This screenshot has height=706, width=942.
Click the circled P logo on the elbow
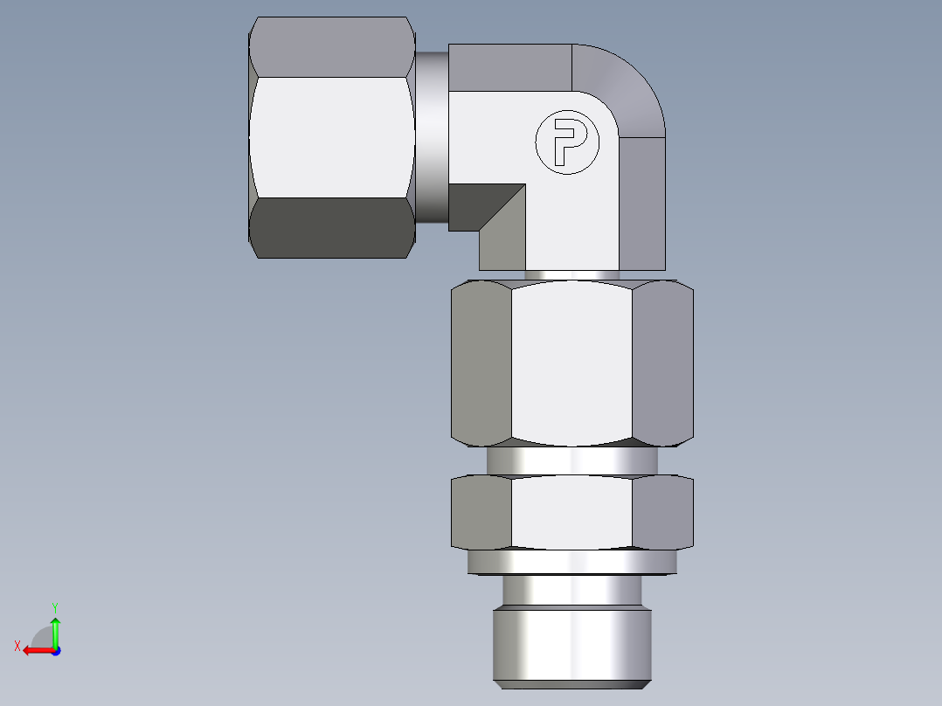568,142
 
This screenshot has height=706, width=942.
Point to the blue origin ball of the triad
55,650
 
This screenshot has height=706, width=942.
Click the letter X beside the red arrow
17,646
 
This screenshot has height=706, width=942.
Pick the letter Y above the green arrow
54,606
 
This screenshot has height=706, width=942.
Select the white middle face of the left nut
332,136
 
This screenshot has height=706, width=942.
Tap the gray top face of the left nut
332,47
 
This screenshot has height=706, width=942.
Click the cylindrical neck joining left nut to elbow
432,136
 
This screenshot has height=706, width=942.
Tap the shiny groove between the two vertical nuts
571,460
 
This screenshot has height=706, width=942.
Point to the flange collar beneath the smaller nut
571,562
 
